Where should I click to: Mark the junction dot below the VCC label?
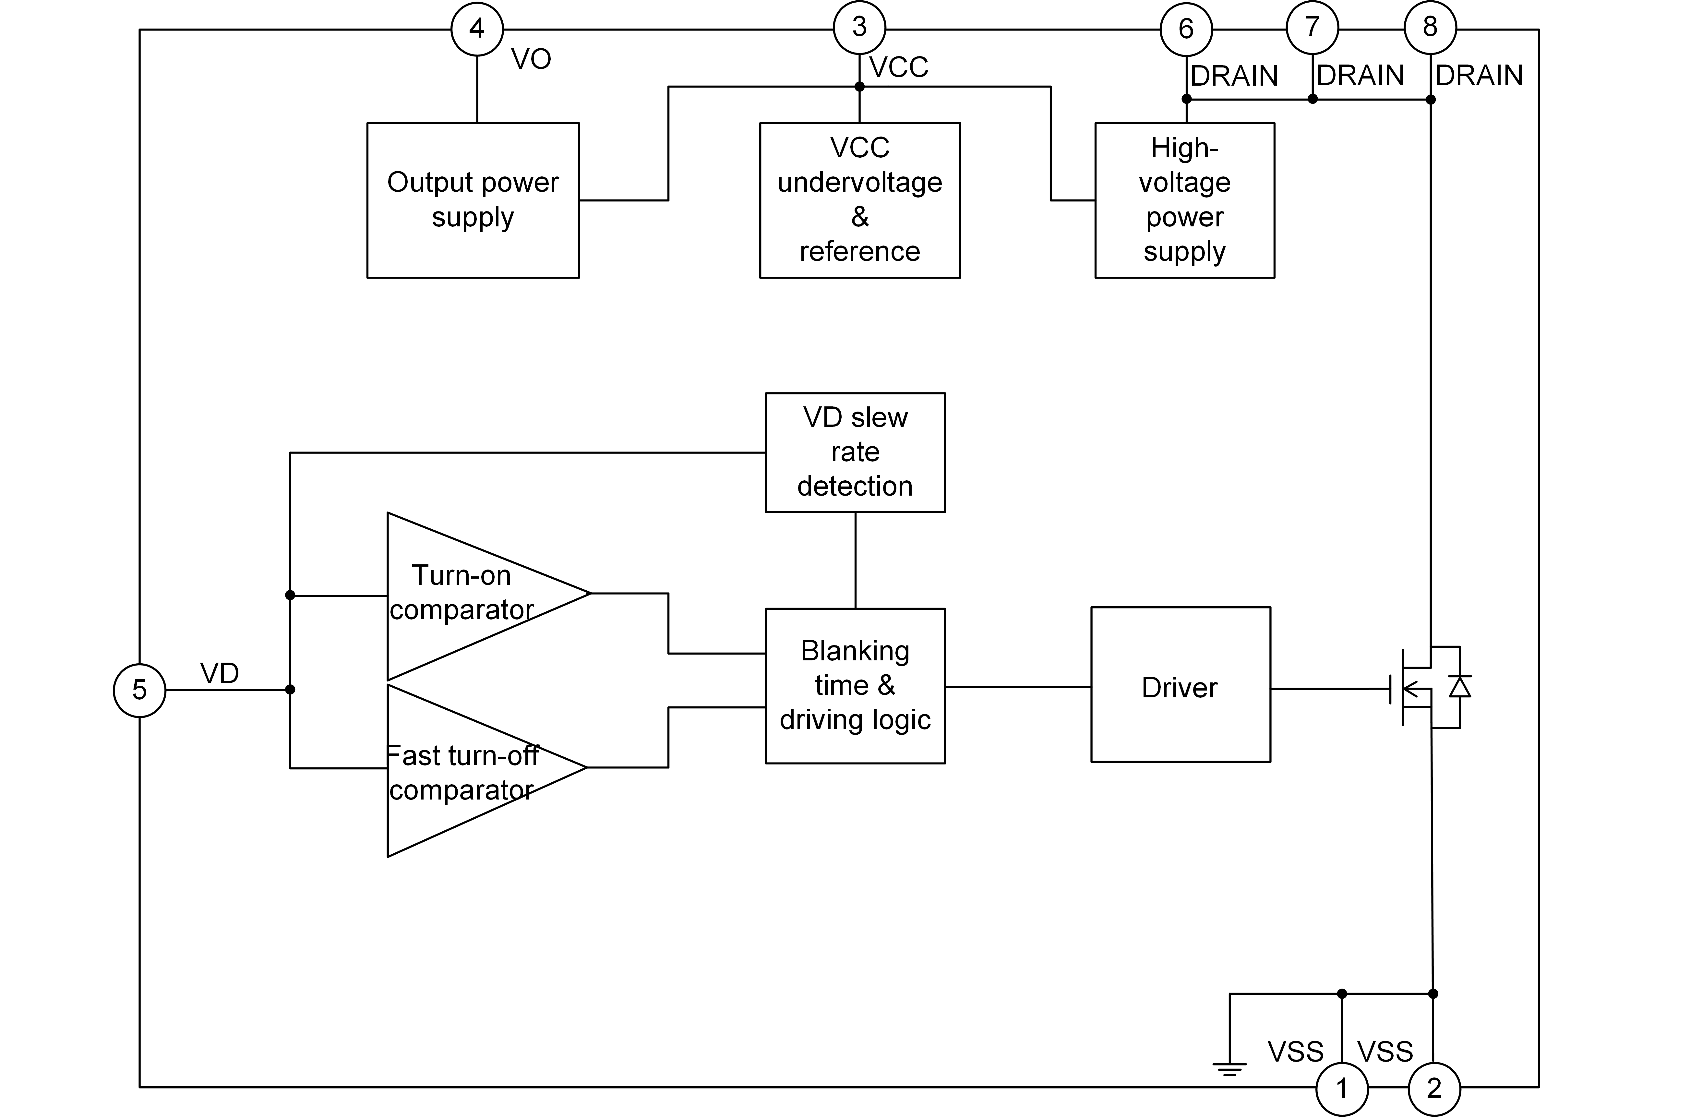tap(859, 87)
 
